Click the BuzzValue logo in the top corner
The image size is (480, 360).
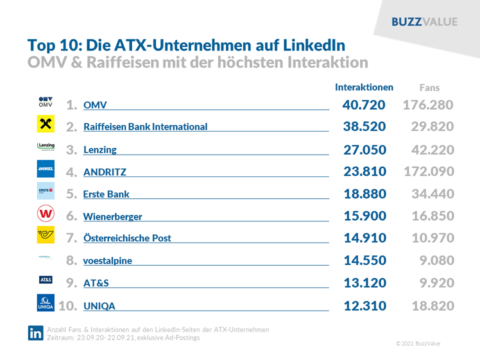point(424,22)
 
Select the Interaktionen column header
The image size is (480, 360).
point(364,87)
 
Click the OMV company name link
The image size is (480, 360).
point(96,105)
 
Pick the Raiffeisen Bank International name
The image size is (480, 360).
point(146,127)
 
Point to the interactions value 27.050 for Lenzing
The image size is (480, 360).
point(364,150)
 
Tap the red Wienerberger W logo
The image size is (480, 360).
point(46,214)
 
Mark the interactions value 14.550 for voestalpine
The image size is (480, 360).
point(364,261)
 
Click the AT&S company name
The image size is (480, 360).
point(96,283)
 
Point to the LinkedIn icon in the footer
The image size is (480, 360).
point(35,333)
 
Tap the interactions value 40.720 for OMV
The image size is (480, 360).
point(364,105)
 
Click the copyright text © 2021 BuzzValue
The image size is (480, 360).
point(418,344)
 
